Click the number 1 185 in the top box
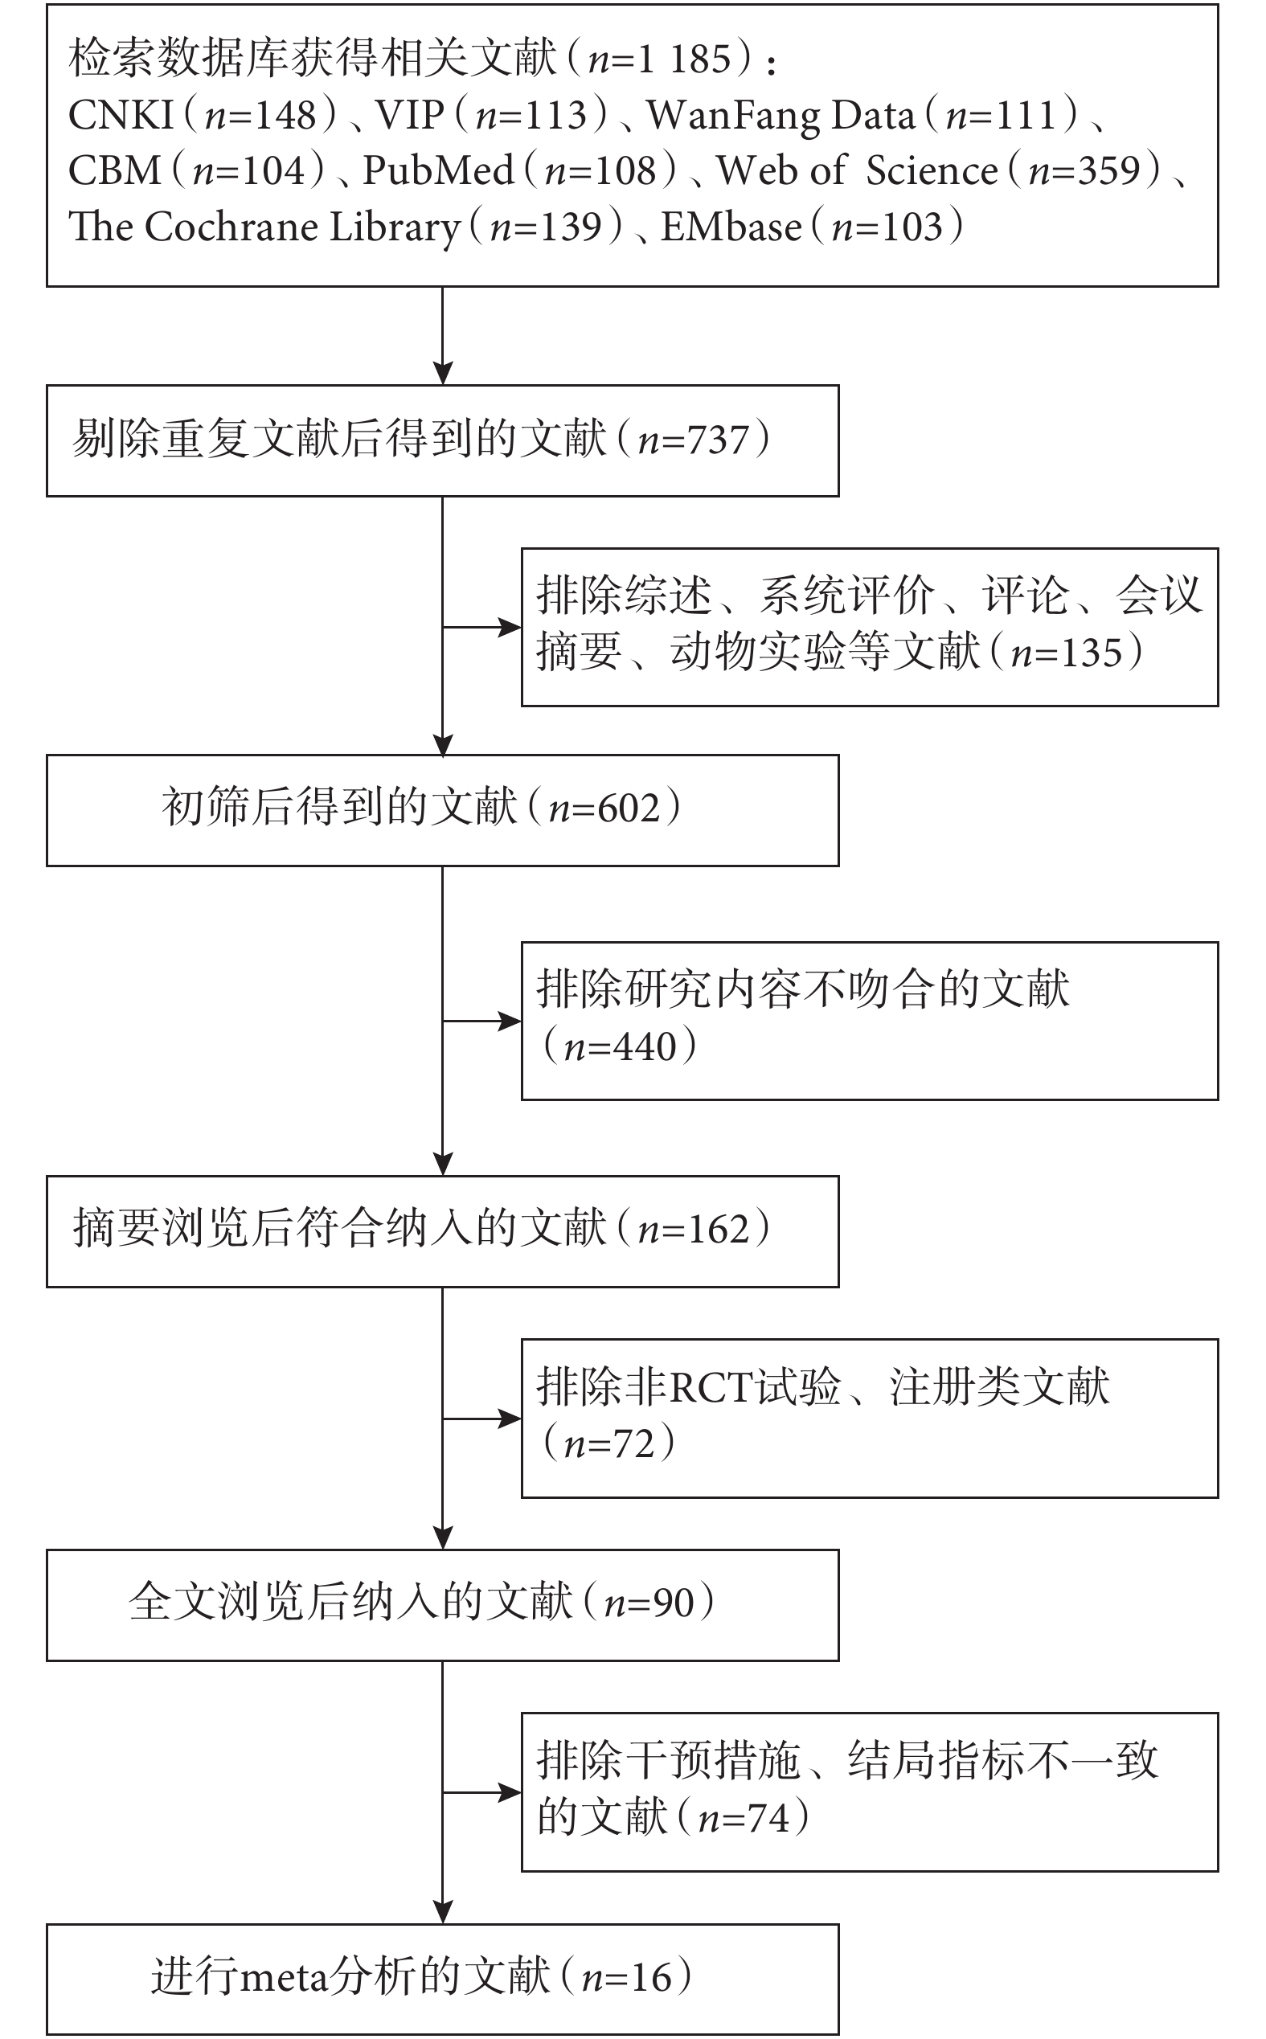click(x=685, y=59)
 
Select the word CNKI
click(x=121, y=115)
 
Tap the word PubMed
click(x=438, y=170)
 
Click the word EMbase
click(x=731, y=227)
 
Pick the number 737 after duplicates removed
click(x=716, y=440)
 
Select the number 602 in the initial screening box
click(x=628, y=809)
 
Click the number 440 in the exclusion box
click(x=645, y=1047)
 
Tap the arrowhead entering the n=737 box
click(x=443, y=373)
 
